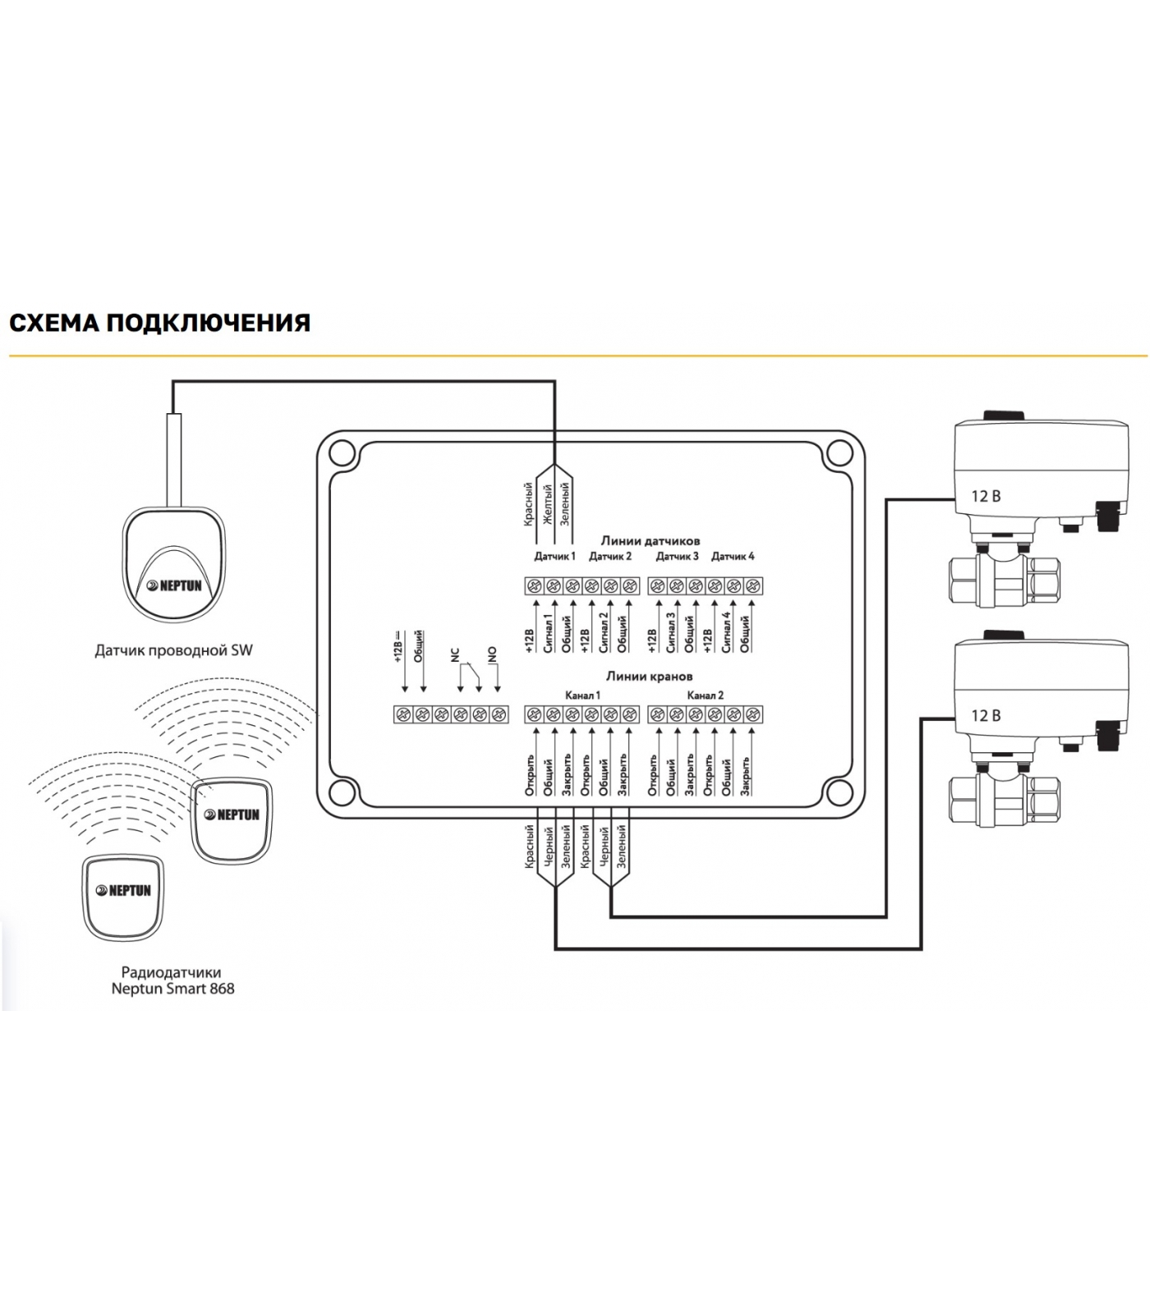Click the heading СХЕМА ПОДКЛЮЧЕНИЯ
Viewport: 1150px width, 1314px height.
tap(159, 323)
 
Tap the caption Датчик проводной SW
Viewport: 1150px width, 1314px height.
tap(173, 650)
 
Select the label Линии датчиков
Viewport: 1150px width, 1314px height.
tap(650, 540)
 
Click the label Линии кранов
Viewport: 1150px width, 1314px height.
tap(649, 676)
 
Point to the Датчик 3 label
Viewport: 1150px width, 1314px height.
tap(677, 556)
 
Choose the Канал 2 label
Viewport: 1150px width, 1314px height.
tap(705, 695)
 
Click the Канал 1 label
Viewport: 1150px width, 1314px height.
tap(582, 695)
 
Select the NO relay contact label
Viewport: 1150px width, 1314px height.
tap(492, 655)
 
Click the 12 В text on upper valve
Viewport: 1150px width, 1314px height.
tap(986, 496)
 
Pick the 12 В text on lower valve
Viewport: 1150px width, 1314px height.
tap(986, 715)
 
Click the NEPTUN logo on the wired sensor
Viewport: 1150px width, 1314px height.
tap(174, 586)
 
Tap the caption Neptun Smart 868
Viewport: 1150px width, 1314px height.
tap(172, 989)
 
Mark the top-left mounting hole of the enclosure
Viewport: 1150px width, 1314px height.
tap(342, 453)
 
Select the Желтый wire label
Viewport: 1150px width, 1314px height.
tap(547, 503)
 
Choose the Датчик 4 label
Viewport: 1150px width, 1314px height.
tap(733, 556)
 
